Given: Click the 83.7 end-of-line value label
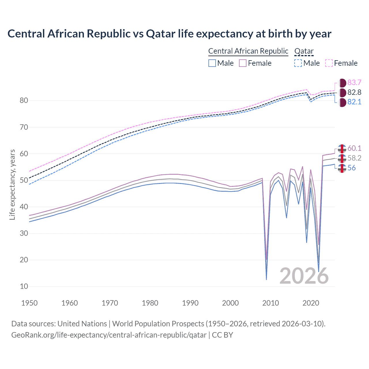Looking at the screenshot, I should pyautogui.click(x=354, y=83).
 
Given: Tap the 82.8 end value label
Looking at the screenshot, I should pyautogui.click(x=354, y=93).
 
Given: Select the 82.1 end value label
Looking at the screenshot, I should pyautogui.click(x=354, y=102).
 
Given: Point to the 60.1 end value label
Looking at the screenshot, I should pyautogui.click(x=354, y=148).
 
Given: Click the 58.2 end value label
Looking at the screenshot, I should pyautogui.click(x=354, y=158).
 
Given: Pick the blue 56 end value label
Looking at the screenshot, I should pyautogui.click(x=351, y=168).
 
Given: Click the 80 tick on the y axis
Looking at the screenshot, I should pyautogui.click(x=24, y=101).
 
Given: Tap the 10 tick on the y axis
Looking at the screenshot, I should pyautogui.click(x=24, y=287).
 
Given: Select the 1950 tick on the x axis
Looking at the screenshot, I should pyautogui.click(x=29, y=303).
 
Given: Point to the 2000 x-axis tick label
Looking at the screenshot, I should pyautogui.click(x=230, y=303).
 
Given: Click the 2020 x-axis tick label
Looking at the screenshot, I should pyautogui.click(x=311, y=303).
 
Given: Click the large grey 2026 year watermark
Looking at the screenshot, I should pyautogui.click(x=304, y=276).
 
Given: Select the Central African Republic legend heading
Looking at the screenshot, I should pyautogui.click(x=248, y=51).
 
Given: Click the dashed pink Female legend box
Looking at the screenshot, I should pyautogui.click(x=329, y=63).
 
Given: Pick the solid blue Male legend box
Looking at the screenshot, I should pyautogui.click(x=212, y=63).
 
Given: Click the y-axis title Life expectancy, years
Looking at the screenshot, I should pyautogui.click(x=12, y=184).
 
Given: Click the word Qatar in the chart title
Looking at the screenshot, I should pyautogui.click(x=161, y=34).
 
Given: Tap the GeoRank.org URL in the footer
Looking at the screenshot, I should pyautogui.click(x=109, y=335).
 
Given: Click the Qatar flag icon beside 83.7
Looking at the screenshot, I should pyautogui.click(x=342, y=83).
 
